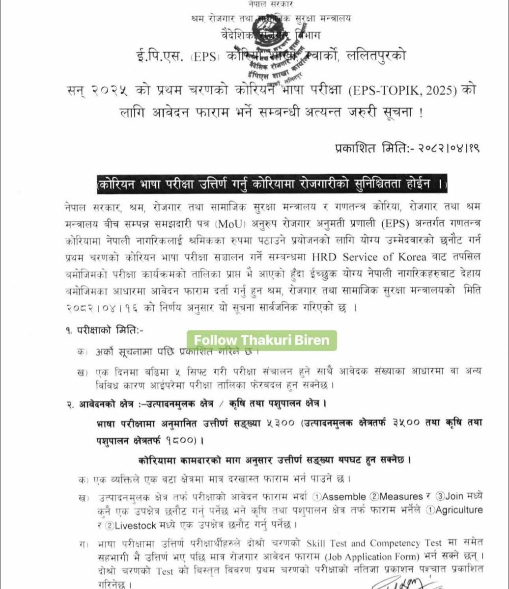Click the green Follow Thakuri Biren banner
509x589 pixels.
[261, 340]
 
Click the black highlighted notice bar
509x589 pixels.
[272, 185]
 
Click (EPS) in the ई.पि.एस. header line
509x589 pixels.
[204, 56]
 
